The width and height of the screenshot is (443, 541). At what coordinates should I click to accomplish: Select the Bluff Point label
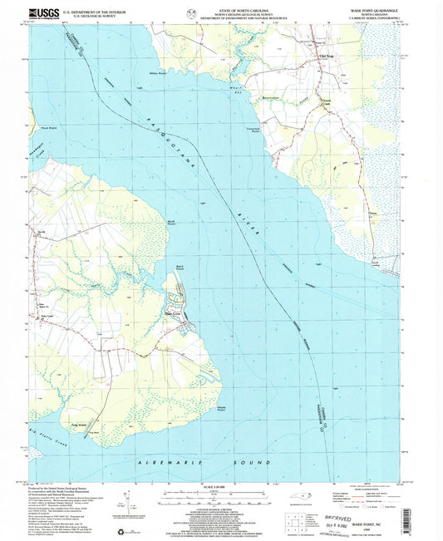pyautogui.click(x=171, y=222)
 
